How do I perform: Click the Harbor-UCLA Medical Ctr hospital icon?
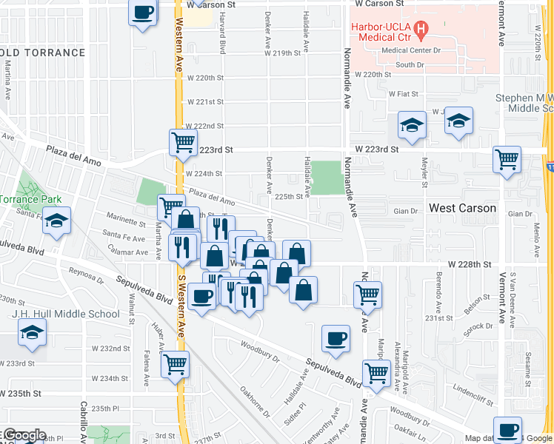pos(422,30)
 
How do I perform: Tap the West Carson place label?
pos(462,208)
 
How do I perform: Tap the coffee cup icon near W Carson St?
pos(143,13)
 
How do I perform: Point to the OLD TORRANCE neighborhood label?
pos(43,53)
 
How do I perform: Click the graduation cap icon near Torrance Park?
pos(56,221)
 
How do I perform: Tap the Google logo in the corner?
pos(24,435)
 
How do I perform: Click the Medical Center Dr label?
pos(410,50)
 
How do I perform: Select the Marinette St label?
pos(126,221)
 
